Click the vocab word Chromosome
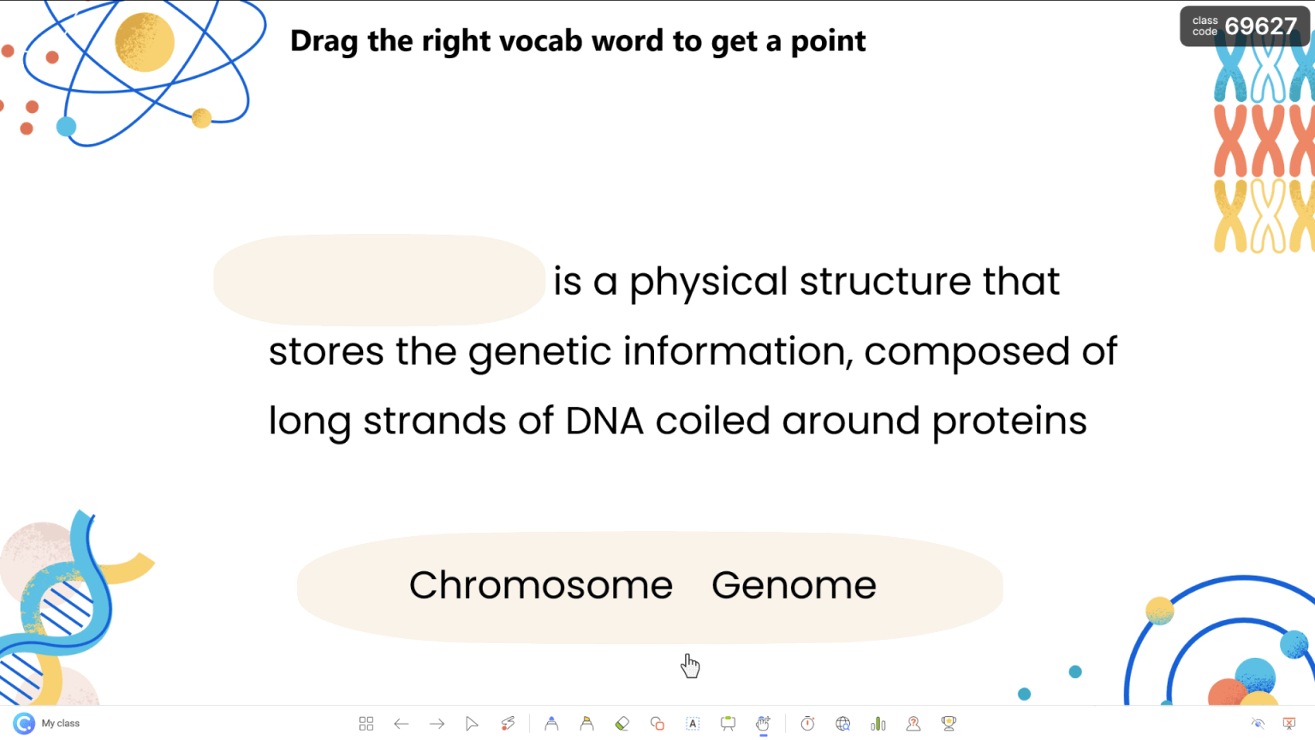coord(540,585)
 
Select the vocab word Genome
coord(794,585)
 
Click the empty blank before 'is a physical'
coord(378,280)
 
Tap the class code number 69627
coord(1260,27)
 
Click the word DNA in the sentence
coord(604,421)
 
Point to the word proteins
coord(1009,421)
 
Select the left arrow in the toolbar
coord(401,724)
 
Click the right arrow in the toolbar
coord(437,724)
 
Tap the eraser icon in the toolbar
coord(622,724)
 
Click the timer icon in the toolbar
coord(807,724)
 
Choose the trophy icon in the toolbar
coord(949,724)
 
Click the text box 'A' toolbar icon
coord(693,724)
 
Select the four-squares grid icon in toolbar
coord(366,724)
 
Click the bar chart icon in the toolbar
coord(878,724)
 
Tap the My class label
coord(60,724)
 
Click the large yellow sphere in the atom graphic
coord(145,42)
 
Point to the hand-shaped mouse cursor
coord(690,665)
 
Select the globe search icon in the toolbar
coord(842,724)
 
